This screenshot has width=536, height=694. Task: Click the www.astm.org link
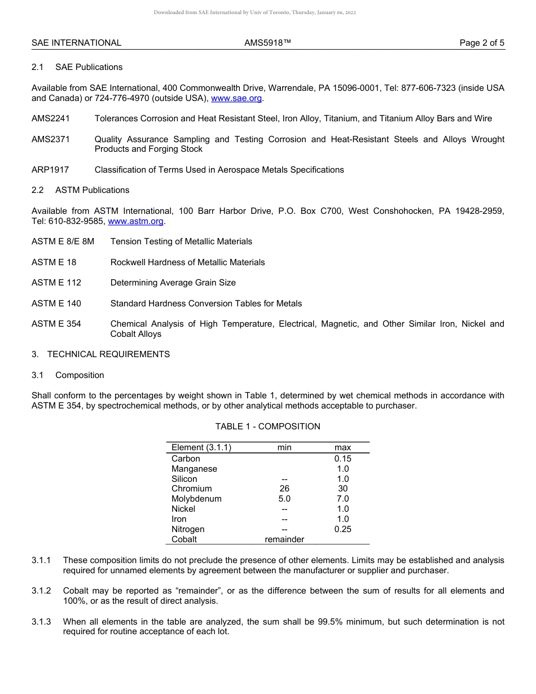tap(135, 221)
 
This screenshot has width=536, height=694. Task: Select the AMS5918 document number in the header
tap(267, 43)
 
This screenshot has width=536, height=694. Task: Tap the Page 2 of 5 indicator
tap(482, 43)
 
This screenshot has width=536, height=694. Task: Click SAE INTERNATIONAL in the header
tap(76, 43)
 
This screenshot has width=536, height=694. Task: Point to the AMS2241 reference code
tap(51, 118)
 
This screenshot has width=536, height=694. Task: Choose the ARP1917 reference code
tap(50, 170)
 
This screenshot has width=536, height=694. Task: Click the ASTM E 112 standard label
tap(56, 283)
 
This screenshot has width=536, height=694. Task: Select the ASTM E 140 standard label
tap(56, 304)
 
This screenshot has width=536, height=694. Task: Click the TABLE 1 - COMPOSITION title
tap(267, 427)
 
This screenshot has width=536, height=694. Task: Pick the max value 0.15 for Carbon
tap(342, 459)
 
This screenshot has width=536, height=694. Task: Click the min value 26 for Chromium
tap(284, 489)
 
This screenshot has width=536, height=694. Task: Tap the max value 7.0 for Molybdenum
tap(342, 499)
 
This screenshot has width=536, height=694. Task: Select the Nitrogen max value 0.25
tap(342, 529)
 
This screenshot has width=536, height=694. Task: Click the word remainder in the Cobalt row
tap(284, 539)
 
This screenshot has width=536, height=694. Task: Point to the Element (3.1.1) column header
tap(201, 447)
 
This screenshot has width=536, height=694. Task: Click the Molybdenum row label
tap(196, 499)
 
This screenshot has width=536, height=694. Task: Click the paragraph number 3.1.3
tap(41, 622)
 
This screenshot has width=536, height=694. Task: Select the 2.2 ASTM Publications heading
tap(81, 190)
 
